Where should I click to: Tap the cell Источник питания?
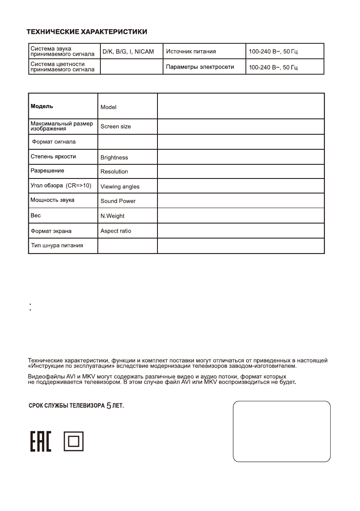[191, 51]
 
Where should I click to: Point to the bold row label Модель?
[42, 106]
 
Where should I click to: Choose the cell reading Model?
[109, 107]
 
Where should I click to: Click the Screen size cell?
[116, 127]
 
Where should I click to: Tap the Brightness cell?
[114, 157]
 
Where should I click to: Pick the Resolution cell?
[114, 172]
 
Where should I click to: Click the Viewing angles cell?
[120, 187]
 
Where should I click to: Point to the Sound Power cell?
[118, 201]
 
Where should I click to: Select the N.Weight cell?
[112, 216]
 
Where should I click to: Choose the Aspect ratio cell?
[116, 231]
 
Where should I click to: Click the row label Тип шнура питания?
[57, 245]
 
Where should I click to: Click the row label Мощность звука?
[52, 200]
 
